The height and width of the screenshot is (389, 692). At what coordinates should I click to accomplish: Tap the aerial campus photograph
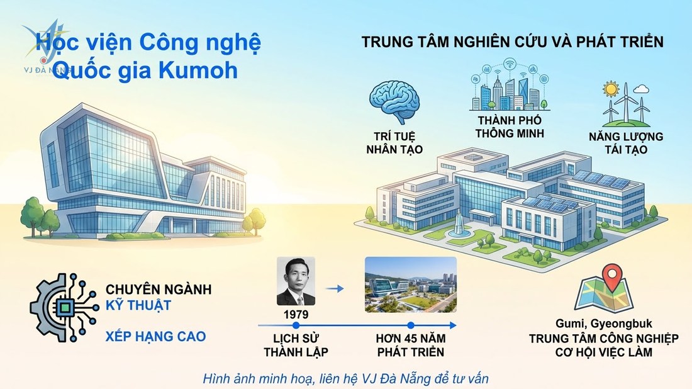tap(411, 285)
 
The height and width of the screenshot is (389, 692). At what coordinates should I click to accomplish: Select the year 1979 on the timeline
tap(296, 313)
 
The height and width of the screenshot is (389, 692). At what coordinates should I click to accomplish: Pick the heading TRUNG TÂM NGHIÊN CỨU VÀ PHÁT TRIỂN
tap(512, 43)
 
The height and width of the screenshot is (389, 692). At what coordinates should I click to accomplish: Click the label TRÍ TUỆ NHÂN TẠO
tap(395, 142)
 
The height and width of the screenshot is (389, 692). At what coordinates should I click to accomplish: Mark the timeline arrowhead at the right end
tap(452, 325)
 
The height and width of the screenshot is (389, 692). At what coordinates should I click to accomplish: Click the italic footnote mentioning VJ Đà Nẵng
tap(345, 379)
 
